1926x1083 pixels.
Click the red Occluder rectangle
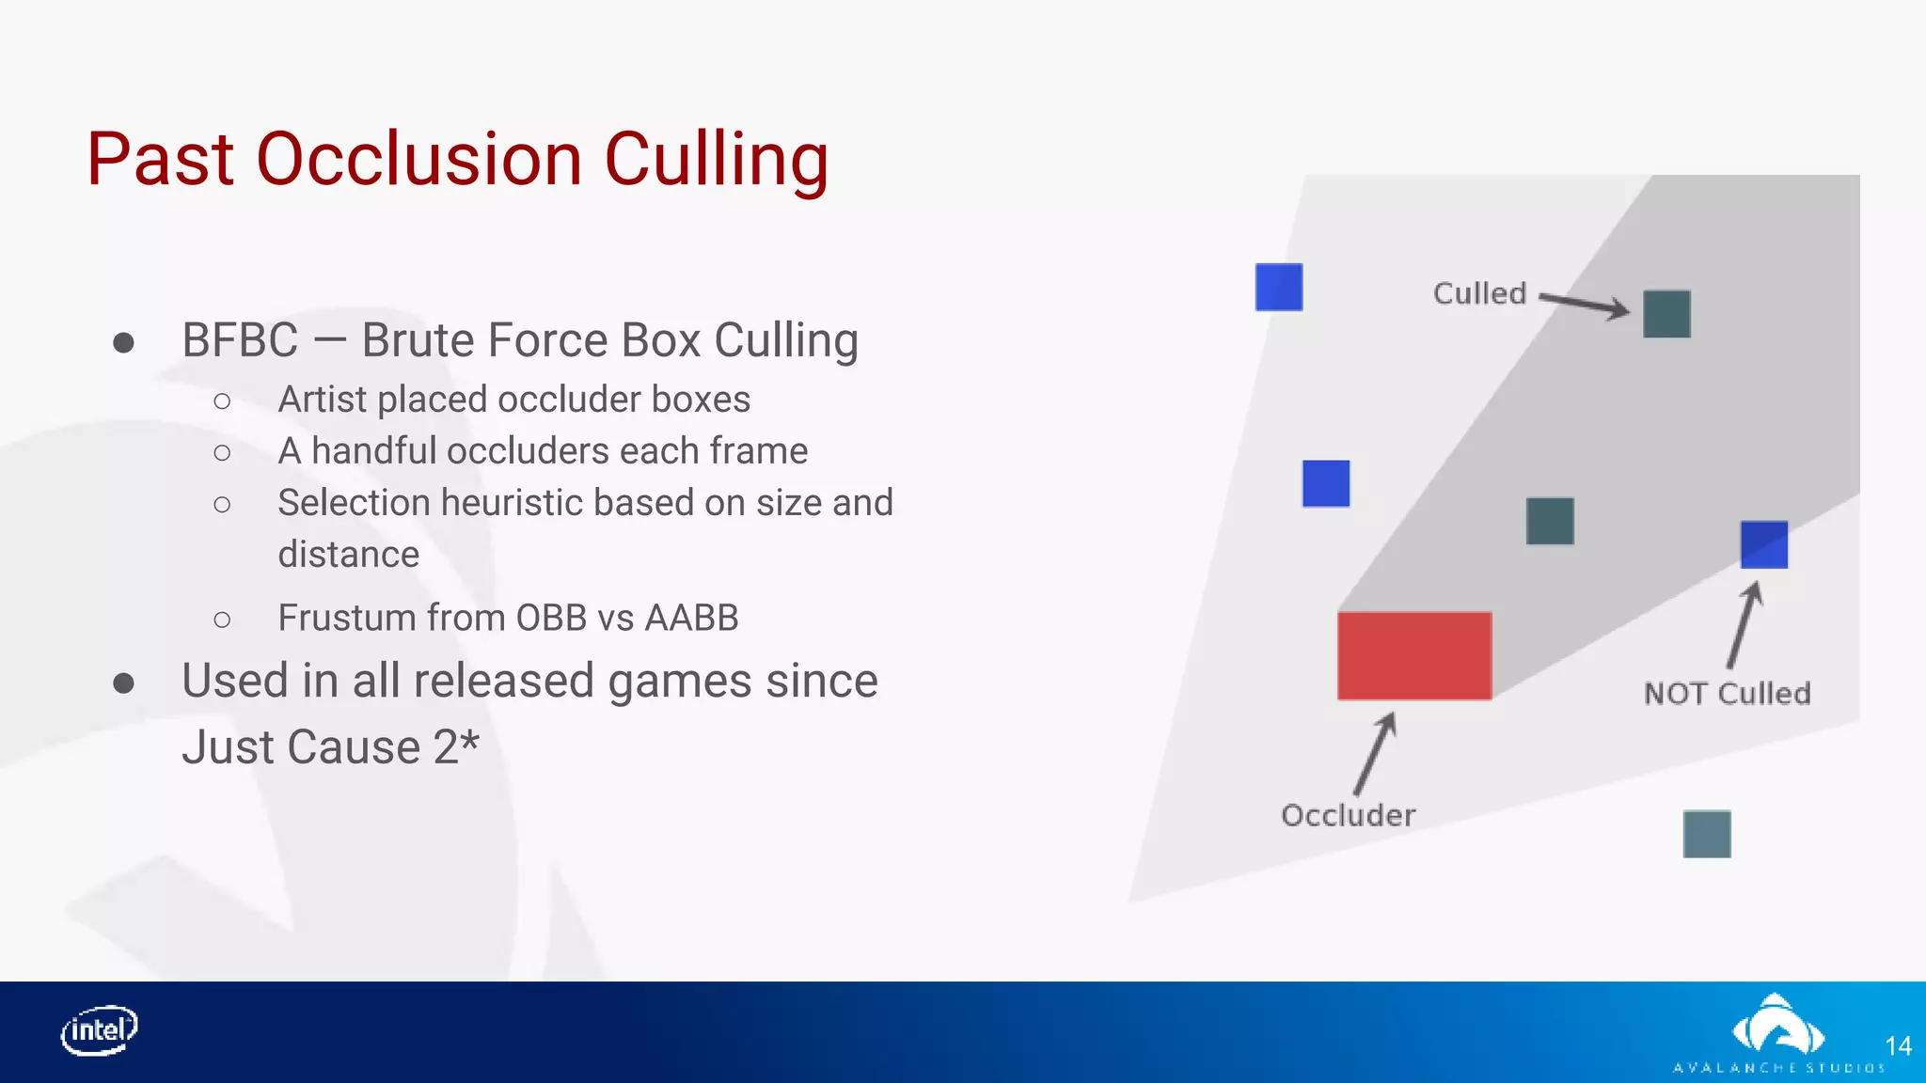pyautogui.click(x=1414, y=655)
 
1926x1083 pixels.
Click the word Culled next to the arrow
pyautogui.click(x=1479, y=293)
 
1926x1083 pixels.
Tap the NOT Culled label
pyautogui.click(x=1727, y=694)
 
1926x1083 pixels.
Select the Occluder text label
pyautogui.click(x=1348, y=815)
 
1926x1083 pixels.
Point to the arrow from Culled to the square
pyautogui.click(x=1586, y=304)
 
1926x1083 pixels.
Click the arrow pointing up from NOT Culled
pyautogui.click(x=1744, y=624)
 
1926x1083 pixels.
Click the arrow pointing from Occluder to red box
pyautogui.click(x=1376, y=753)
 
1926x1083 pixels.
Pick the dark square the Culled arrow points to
pyautogui.click(x=1666, y=314)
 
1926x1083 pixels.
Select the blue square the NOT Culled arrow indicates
pyautogui.click(x=1763, y=544)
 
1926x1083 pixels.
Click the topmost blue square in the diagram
pyautogui.click(x=1279, y=287)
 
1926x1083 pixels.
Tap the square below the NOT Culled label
pyautogui.click(x=1706, y=834)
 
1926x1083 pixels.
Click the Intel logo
pyautogui.click(x=100, y=1030)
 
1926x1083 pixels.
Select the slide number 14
pyautogui.click(x=1898, y=1046)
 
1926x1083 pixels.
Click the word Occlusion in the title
pyautogui.click(x=419, y=159)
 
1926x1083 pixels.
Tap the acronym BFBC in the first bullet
pyautogui.click(x=240, y=340)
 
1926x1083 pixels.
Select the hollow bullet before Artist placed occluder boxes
pyautogui.click(x=222, y=401)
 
